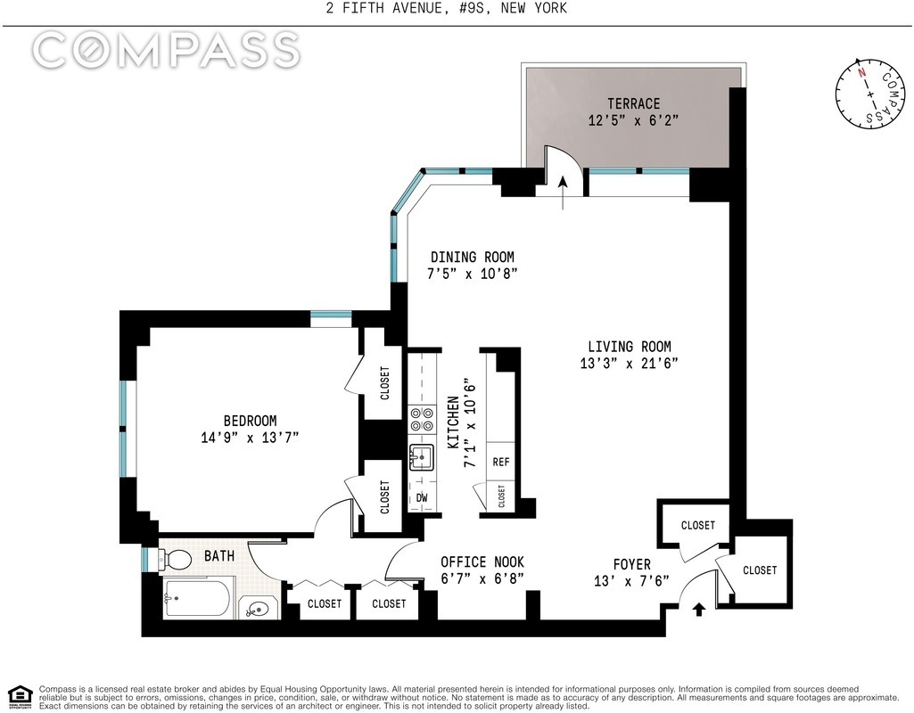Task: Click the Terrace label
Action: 634,103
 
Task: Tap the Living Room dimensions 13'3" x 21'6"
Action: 629,364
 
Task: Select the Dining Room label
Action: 472,257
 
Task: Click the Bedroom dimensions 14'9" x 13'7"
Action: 250,438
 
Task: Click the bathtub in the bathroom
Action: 196,598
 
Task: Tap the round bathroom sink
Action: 257,610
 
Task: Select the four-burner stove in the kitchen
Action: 422,420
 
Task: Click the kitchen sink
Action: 422,456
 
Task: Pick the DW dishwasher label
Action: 422,498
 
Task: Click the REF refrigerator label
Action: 501,462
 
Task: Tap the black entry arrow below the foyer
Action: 699,610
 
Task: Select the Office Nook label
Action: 482,562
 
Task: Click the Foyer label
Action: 632,564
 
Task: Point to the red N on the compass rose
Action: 861,72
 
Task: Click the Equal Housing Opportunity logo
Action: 20,696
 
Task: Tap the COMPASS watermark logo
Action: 166,49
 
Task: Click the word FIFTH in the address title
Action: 364,8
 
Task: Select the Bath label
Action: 219,556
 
